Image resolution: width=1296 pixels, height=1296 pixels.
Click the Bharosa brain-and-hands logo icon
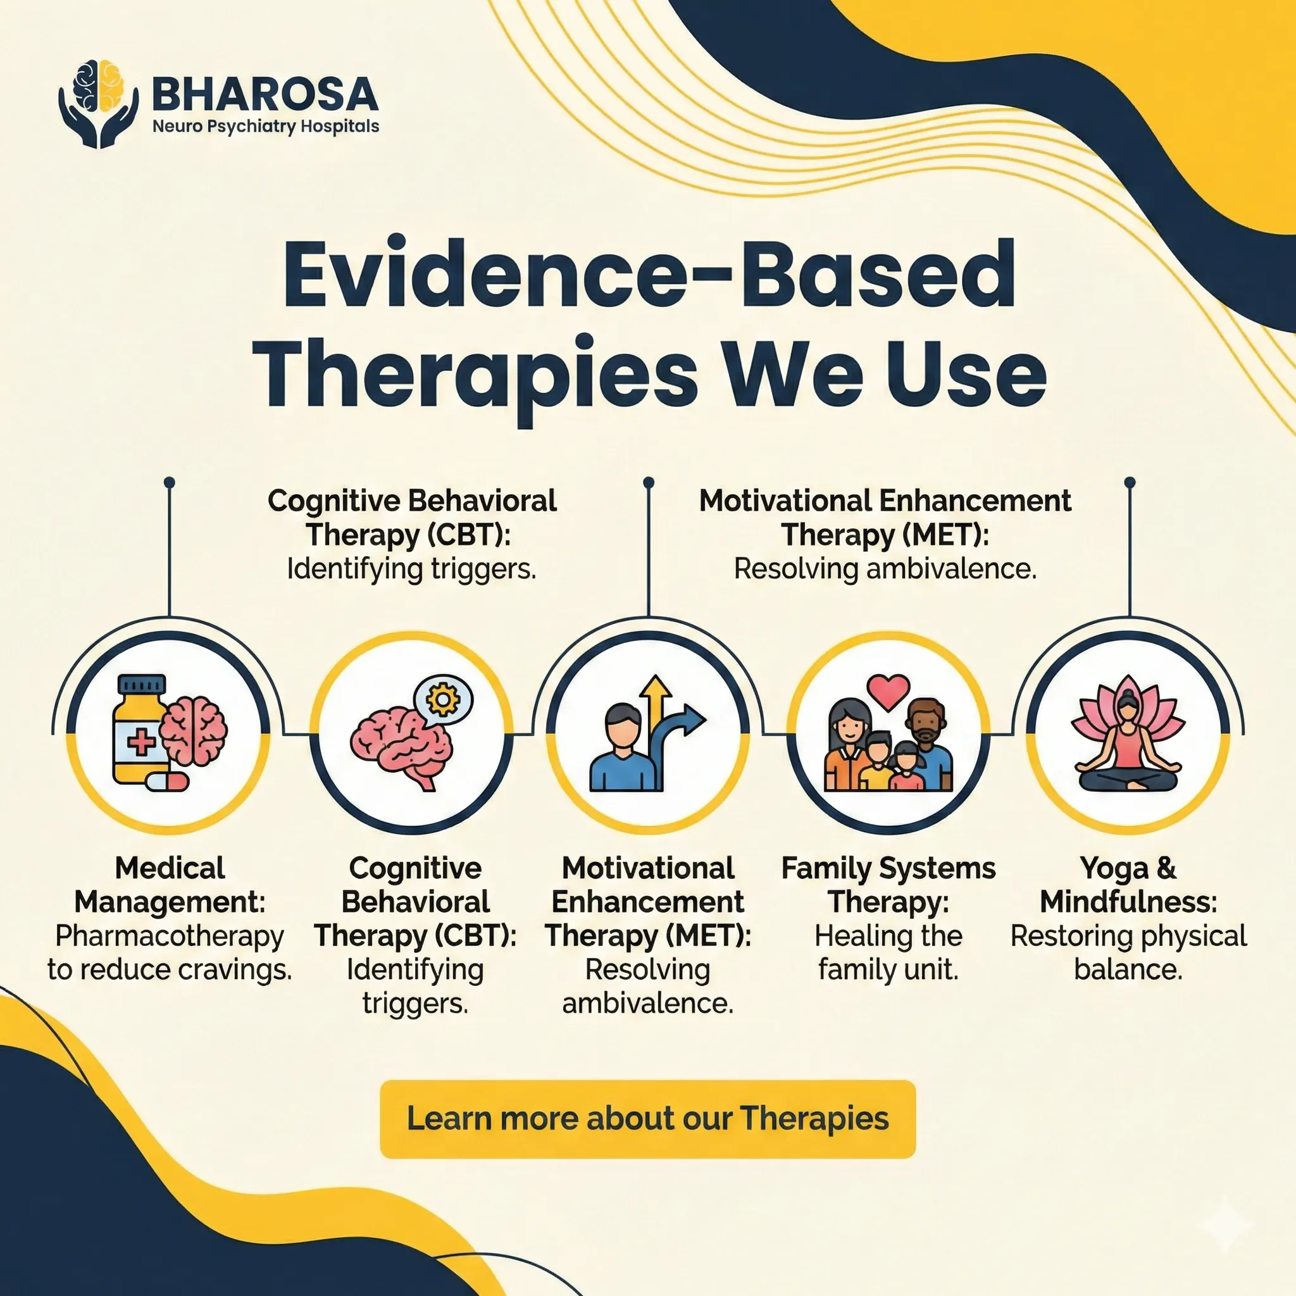click(x=99, y=103)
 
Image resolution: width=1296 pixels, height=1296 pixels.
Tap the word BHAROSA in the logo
click(x=266, y=93)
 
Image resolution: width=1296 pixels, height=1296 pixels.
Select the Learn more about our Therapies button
click(x=647, y=1118)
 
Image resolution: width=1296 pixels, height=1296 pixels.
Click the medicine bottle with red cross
click(x=140, y=728)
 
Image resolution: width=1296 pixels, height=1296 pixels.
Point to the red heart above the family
click(x=888, y=692)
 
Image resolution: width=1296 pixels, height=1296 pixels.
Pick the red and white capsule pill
click(x=167, y=781)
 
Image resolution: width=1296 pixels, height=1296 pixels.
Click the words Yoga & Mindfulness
click(x=1128, y=885)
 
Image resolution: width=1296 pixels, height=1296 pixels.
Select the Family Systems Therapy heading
click(x=888, y=885)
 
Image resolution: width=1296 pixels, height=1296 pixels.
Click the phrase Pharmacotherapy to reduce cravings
click(x=170, y=952)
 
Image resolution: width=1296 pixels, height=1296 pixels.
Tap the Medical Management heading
click(x=170, y=885)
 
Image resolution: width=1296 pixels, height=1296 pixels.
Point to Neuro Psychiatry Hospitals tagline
click(x=266, y=126)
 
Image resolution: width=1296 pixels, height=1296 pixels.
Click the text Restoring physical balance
click(x=1128, y=952)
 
